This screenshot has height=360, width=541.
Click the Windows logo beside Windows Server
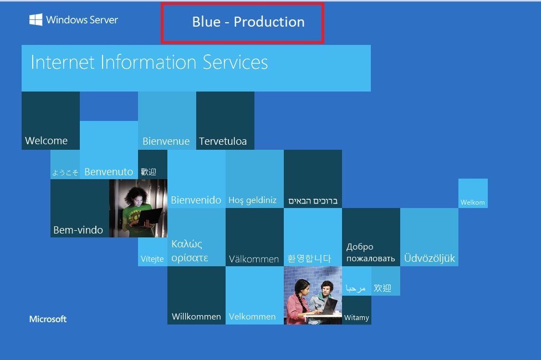[x=36, y=19]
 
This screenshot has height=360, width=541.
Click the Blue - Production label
[x=248, y=22]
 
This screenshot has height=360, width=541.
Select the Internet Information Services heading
[x=150, y=62]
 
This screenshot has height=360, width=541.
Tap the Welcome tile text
[x=46, y=140]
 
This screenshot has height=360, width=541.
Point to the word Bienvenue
[x=166, y=141]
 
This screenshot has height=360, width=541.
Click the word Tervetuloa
[x=223, y=141]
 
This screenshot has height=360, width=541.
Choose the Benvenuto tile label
[x=109, y=171]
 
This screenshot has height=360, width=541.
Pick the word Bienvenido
[x=196, y=200]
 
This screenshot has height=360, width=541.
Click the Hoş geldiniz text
[x=253, y=200]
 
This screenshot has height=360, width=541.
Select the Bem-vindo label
[x=78, y=230]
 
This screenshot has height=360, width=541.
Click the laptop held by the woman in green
[x=150, y=217]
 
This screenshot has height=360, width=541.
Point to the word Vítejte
[x=152, y=259]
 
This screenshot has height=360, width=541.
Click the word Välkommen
[x=254, y=259]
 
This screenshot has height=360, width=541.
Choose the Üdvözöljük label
[x=430, y=258]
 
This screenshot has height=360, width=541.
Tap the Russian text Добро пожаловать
[x=371, y=252]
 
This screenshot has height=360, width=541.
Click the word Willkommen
[x=196, y=317]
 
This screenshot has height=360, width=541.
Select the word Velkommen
[x=252, y=317]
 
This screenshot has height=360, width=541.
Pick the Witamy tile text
[x=356, y=317]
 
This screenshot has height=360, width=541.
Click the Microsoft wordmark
[x=48, y=319]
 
